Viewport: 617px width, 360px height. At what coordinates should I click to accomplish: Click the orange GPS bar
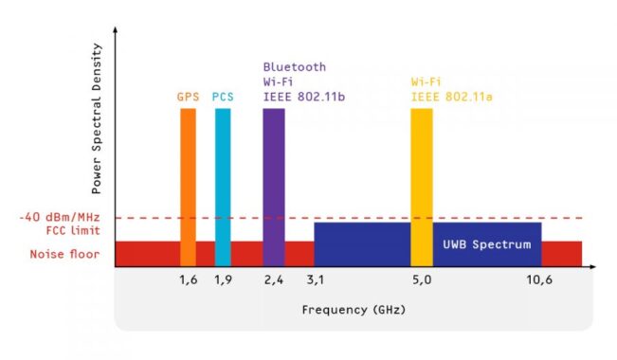click(x=188, y=185)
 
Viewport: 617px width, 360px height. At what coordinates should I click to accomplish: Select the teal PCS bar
click(x=223, y=185)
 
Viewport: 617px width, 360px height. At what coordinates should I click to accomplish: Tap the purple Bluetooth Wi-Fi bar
click(x=273, y=185)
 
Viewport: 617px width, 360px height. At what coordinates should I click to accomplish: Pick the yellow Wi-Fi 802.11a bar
click(x=422, y=185)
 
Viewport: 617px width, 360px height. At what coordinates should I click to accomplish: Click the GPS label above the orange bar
click(x=188, y=97)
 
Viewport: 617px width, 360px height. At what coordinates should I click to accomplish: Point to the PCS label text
click(x=223, y=97)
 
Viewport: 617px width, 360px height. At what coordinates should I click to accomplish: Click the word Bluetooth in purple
click(x=294, y=67)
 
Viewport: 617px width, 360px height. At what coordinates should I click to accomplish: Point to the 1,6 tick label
click(x=188, y=280)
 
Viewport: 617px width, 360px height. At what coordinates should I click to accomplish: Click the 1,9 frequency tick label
click(x=223, y=280)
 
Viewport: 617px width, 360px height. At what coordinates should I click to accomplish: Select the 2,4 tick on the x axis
click(x=273, y=280)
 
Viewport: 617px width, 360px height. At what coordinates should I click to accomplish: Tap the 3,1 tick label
click(x=314, y=280)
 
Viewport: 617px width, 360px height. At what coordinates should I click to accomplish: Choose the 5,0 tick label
click(x=422, y=280)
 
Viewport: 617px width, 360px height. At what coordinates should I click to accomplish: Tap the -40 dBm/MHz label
click(x=59, y=217)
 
